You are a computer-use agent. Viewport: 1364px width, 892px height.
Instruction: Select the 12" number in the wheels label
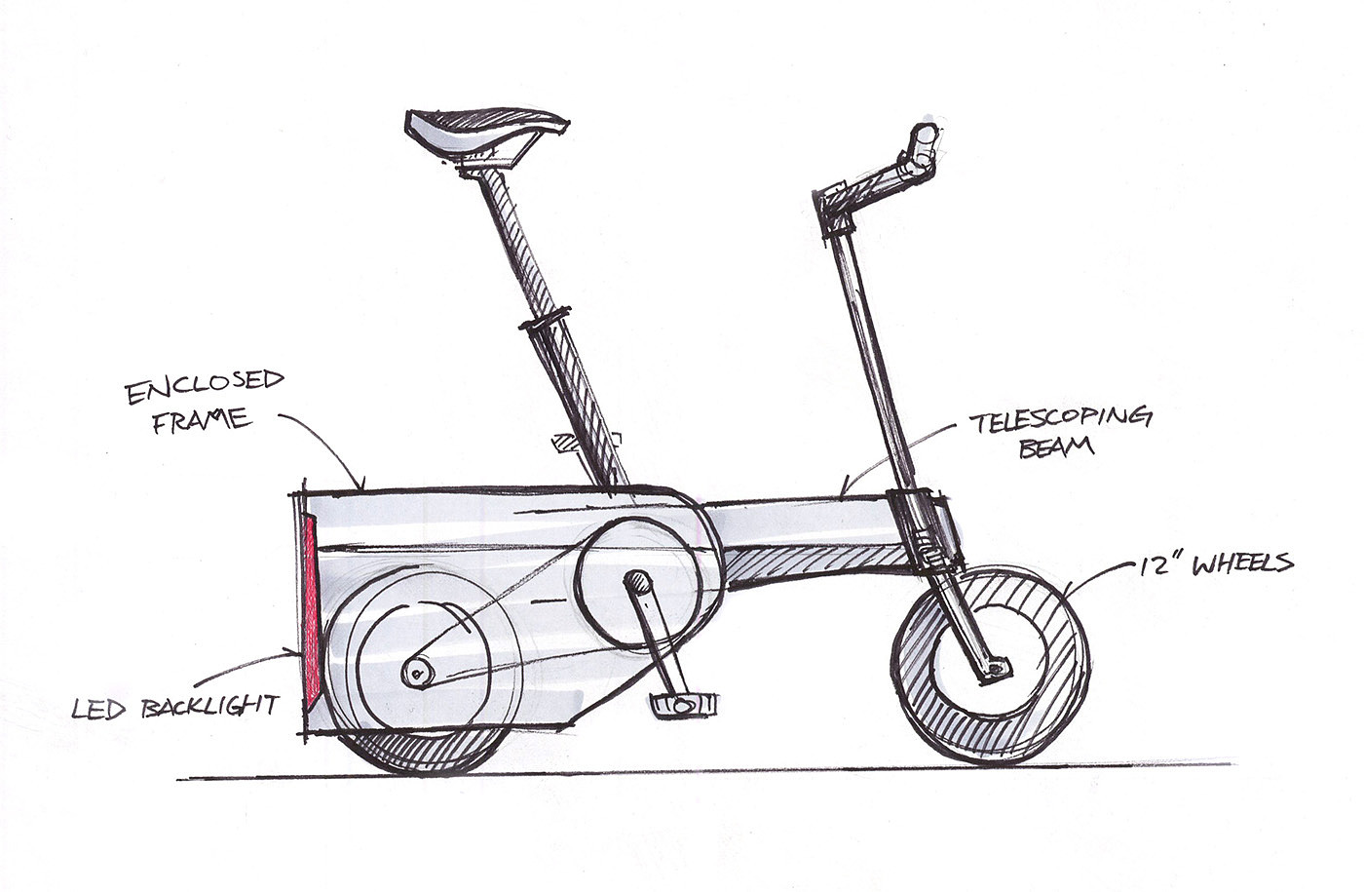coord(1159,566)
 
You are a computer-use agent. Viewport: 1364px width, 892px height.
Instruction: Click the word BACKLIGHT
coord(210,705)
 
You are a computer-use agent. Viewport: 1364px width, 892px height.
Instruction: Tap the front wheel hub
coord(996,668)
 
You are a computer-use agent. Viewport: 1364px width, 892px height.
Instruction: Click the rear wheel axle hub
coord(418,672)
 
